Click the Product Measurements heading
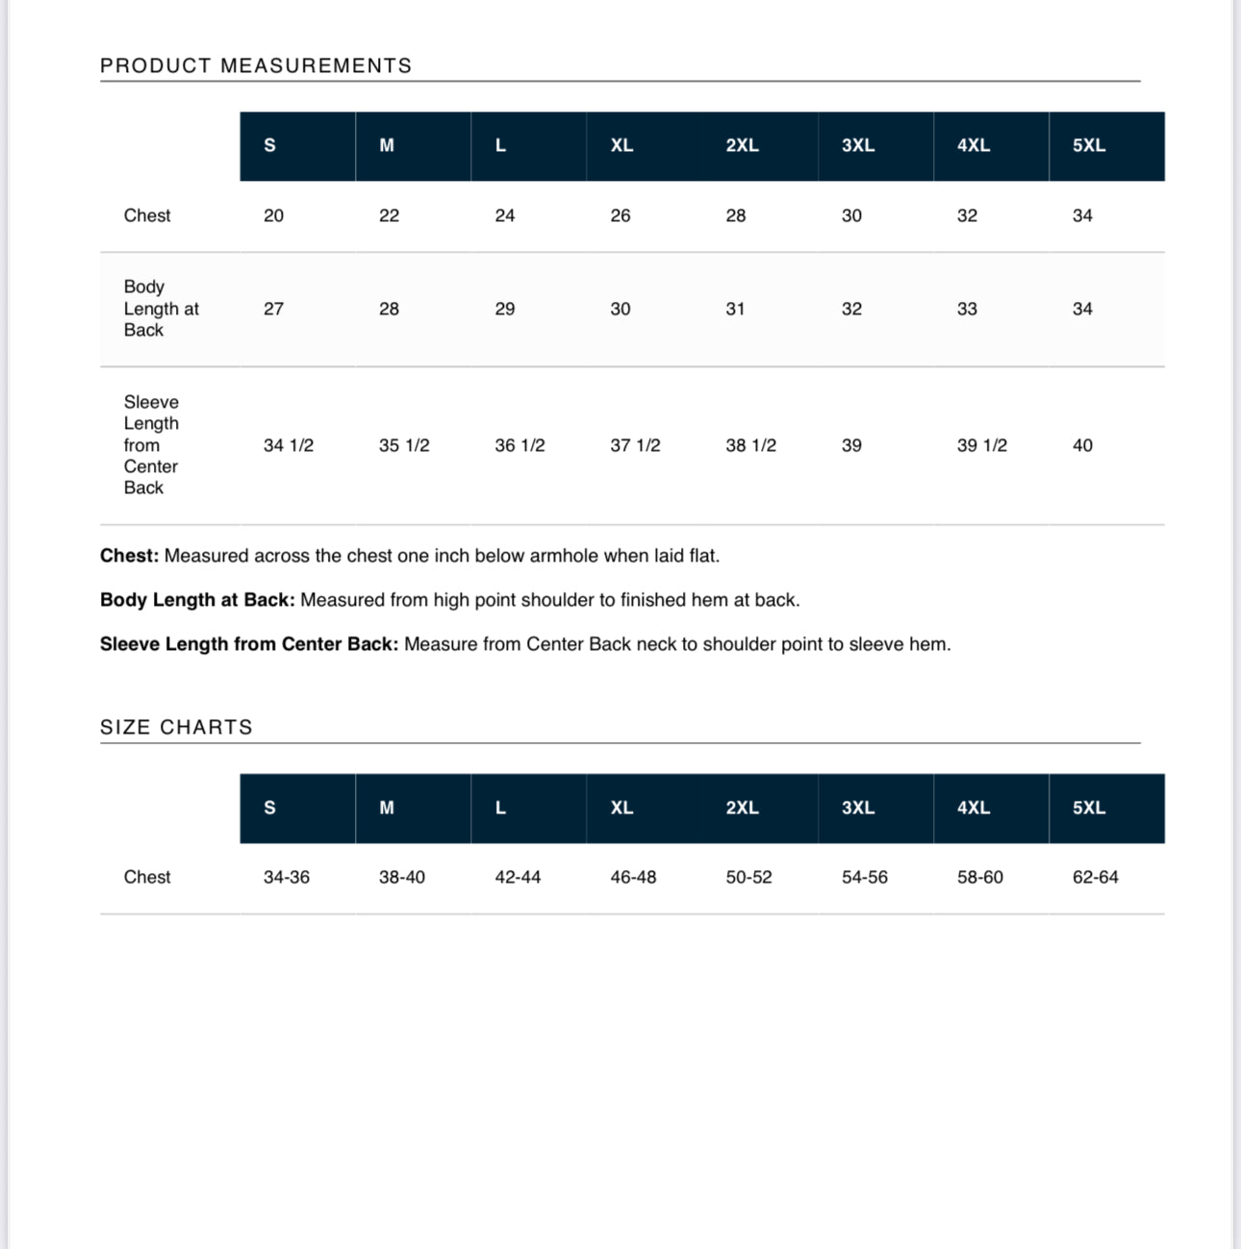tap(256, 65)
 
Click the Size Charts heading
tap(176, 727)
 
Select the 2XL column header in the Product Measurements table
tap(742, 145)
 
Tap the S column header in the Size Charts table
tap(269, 808)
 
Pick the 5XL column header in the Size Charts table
tap(1089, 808)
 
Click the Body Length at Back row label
tap(161, 309)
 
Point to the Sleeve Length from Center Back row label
tap(151, 444)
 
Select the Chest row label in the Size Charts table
tap(147, 877)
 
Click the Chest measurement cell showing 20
tap(273, 215)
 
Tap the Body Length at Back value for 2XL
tap(735, 309)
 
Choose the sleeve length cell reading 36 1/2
tap(519, 445)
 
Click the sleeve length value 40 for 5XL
tap(1082, 445)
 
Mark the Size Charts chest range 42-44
tap(518, 877)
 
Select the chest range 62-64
tap(1095, 877)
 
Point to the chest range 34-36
tap(287, 877)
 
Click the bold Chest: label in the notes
tap(129, 556)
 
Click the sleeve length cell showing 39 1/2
tap(981, 445)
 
